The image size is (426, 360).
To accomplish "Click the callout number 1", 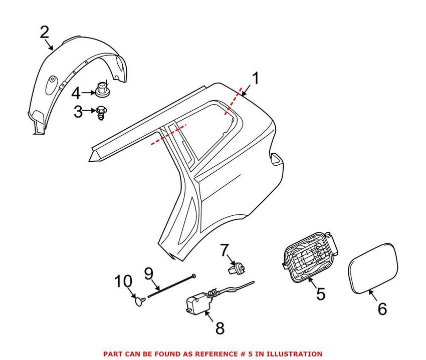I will tap(256, 79).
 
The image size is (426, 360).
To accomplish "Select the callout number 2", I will tap(45, 33).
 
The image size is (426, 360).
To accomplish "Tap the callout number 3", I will tap(78, 111).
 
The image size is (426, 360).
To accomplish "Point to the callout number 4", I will tap(76, 93).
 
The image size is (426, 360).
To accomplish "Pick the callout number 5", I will tap(320, 293).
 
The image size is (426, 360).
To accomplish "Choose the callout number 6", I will tap(382, 308).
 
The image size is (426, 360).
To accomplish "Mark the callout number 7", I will tap(224, 249).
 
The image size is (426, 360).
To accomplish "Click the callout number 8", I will tap(220, 328).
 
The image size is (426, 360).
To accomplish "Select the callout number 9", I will tap(148, 273).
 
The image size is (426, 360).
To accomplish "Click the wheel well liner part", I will tap(75, 75).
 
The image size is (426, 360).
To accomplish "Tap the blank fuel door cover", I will tap(375, 265).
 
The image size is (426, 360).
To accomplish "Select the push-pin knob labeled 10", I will tap(139, 300).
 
